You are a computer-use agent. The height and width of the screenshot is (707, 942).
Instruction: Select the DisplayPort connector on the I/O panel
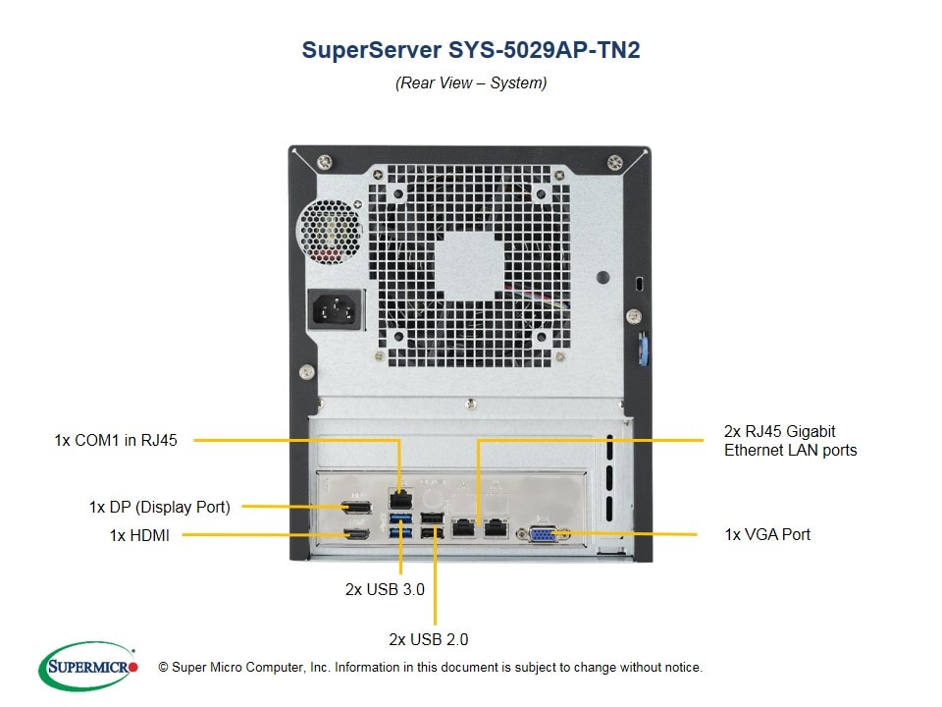click(x=358, y=508)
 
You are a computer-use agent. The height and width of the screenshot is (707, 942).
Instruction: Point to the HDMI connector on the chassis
click(x=358, y=535)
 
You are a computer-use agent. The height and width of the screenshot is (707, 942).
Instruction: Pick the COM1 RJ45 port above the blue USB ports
click(x=399, y=495)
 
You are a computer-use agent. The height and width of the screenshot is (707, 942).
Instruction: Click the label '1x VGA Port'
click(x=767, y=534)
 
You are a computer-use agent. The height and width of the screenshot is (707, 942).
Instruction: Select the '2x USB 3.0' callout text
click(x=385, y=589)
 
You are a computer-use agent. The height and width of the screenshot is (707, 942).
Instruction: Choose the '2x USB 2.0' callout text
click(x=429, y=639)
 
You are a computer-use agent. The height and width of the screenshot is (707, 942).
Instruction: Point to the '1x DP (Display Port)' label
click(x=159, y=507)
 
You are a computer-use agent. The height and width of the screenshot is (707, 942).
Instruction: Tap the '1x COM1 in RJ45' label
click(x=116, y=440)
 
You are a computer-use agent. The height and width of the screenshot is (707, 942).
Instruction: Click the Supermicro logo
click(x=88, y=667)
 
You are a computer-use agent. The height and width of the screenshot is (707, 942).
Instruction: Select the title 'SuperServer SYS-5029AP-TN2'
click(x=471, y=51)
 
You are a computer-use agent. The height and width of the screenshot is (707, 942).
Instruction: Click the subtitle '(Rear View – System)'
click(x=471, y=83)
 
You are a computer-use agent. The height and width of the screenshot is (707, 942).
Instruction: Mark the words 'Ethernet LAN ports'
click(x=790, y=450)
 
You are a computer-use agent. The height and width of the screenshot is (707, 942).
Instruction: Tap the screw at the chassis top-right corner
click(x=615, y=161)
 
